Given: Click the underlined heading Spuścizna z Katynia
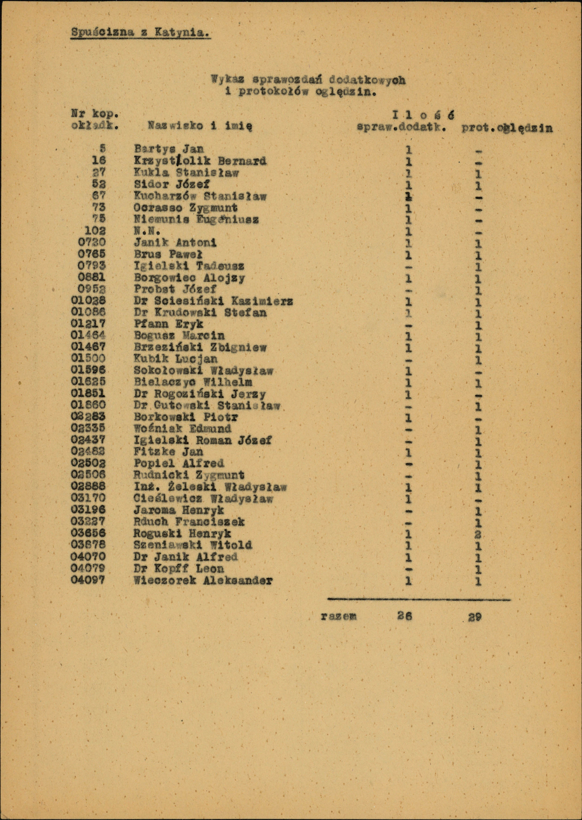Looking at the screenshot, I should pos(140,33).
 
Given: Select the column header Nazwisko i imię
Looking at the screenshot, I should pos(200,126).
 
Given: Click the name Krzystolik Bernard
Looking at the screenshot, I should pos(200,161).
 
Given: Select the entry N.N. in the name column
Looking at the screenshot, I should pos(147,231).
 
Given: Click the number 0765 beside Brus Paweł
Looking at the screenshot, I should pos(92,254).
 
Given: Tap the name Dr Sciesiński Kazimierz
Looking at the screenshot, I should pos(214,301).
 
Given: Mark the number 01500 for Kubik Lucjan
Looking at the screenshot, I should pos(88,358).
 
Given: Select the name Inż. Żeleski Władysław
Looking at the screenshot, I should pos(210,487).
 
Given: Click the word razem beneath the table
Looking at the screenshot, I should pos(339,616).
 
